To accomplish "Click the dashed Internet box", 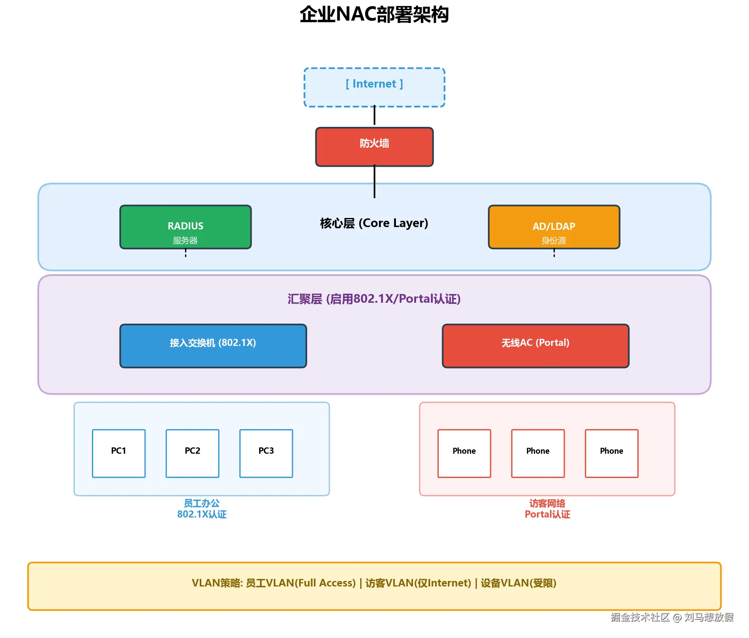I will pos(374,87).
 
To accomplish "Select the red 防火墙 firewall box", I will pos(374,147).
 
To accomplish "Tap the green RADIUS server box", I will pos(185,227).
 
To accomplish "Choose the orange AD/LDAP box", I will pos(554,227).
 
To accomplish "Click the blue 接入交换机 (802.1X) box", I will pos(213,346).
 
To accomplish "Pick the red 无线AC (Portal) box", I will pos(535,346).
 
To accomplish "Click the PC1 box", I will pos(118,453).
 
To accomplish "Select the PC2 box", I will pos(192,453).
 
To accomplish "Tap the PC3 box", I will pos(266,453).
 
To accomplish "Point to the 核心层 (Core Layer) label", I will pos(374,223).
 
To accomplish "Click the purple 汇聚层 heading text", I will pos(374,299).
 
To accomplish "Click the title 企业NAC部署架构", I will pos(374,15).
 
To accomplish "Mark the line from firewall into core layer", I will pos(374,181).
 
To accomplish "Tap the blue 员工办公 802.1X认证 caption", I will pos(201,509).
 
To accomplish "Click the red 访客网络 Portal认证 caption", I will pos(547,509).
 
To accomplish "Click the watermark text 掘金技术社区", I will pos(640,617).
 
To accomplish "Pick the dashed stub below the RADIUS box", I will pos(185,253).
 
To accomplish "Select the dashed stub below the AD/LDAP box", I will pos(554,253).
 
